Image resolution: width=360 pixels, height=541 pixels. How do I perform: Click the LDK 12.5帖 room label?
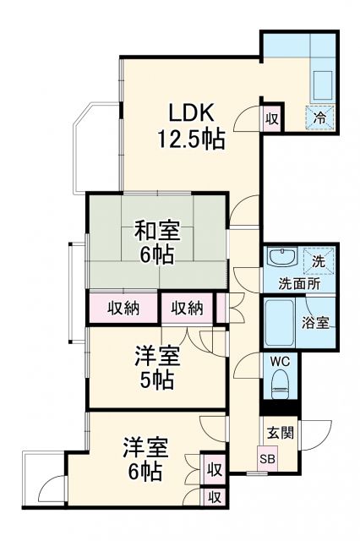(193, 125)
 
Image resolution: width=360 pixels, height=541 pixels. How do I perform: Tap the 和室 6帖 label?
(157, 241)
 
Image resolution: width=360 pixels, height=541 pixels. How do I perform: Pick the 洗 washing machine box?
(322, 257)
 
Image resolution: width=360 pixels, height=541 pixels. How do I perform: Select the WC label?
(279, 360)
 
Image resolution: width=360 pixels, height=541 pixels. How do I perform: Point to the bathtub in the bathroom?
(278, 322)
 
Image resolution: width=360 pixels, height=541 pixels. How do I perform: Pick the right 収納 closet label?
(187, 308)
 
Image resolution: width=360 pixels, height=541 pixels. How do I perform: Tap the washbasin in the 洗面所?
(280, 257)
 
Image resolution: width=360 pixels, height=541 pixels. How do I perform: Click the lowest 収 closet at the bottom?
(215, 498)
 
